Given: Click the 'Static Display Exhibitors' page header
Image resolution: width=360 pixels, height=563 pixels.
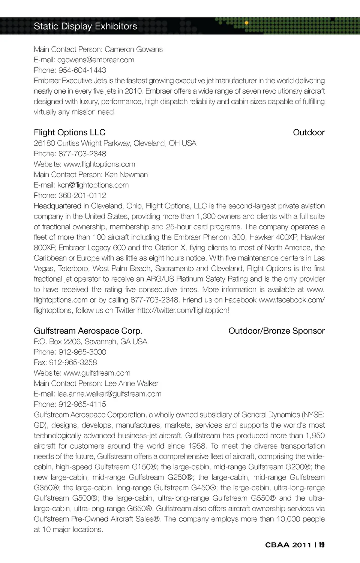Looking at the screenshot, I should click(85, 26).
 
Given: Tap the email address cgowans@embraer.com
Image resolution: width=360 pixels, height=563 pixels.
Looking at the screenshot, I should click(96, 60).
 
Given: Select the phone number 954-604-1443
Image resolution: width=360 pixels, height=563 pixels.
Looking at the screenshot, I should click(82, 70).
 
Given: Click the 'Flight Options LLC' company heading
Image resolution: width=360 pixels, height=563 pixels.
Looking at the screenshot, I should click(69, 132).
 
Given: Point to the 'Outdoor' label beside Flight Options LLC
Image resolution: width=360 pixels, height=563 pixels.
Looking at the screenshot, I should click(308, 132).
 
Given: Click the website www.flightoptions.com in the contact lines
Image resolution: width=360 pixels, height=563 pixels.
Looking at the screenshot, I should click(99, 164).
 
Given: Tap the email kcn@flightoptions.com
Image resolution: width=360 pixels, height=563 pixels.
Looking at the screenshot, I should click(93, 185).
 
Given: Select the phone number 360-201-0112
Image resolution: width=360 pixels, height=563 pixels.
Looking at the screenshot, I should click(82, 196).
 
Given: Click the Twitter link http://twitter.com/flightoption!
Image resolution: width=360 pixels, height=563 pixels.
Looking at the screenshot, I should click(183, 310).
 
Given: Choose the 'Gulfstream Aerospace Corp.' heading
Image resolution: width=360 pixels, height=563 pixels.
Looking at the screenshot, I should click(88, 331).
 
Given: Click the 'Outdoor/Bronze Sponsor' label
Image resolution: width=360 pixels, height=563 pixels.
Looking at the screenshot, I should click(276, 331).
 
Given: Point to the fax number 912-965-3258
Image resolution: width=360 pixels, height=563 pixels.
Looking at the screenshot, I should click(73, 362).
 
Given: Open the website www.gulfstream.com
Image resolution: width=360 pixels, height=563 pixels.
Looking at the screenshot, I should click(97, 373).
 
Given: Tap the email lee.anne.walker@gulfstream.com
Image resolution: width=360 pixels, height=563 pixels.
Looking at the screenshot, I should click(109, 394).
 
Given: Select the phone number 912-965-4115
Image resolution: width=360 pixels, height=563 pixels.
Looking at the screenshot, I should click(82, 404).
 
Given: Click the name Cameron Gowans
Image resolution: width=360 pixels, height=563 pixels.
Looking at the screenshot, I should click(133, 49).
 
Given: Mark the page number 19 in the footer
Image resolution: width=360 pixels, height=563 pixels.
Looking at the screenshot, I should click(322, 545).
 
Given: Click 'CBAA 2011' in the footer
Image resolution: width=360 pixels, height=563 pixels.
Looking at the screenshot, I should click(288, 545).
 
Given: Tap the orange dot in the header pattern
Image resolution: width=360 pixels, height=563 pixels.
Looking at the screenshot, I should click(246, 23).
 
